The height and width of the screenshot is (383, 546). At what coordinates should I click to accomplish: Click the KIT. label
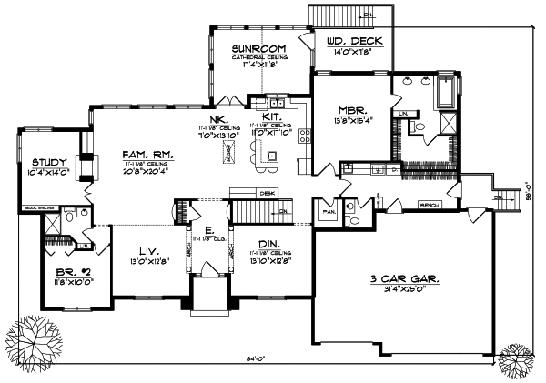point(270,116)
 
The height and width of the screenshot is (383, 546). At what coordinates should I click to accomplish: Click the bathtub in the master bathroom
point(450,94)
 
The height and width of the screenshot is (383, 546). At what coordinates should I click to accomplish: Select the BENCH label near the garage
point(427,206)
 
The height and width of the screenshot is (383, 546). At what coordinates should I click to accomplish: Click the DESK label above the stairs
point(267,193)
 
